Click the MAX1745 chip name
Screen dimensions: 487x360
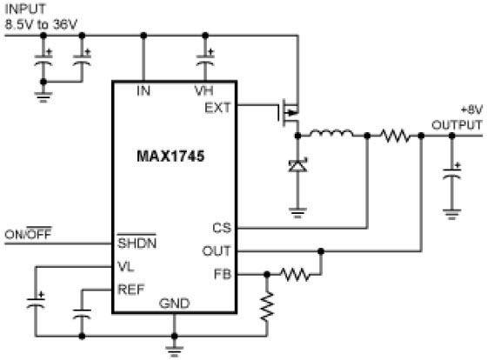(x=170, y=156)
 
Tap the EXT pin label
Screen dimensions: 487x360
(x=217, y=108)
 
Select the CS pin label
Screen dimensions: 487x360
(x=222, y=228)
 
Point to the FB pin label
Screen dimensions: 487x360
(x=223, y=274)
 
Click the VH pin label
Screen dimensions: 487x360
(x=203, y=90)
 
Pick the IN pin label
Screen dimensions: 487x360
(x=143, y=90)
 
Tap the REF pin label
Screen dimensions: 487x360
(x=131, y=290)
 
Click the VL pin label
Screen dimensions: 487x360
(x=126, y=266)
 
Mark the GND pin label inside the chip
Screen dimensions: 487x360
(x=174, y=303)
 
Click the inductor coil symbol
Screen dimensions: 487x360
(x=331, y=133)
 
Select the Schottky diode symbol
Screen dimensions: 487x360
(x=297, y=165)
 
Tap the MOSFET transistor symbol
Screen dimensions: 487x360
(x=289, y=113)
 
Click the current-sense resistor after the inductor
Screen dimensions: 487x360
(x=395, y=136)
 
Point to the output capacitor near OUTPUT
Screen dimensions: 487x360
(x=452, y=172)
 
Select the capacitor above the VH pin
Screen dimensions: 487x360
(x=205, y=59)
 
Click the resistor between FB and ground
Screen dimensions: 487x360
(x=267, y=306)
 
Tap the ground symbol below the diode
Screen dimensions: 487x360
(x=297, y=213)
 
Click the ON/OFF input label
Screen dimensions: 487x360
(x=28, y=233)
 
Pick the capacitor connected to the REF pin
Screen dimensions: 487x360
(x=82, y=314)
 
